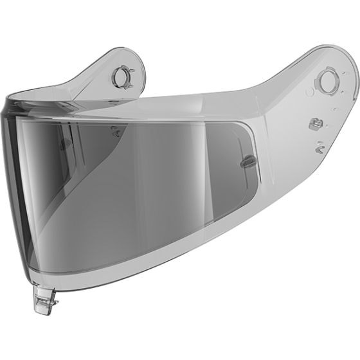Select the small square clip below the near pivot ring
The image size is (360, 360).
(x=316, y=123)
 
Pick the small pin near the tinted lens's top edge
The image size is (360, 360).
(x=115, y=131)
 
